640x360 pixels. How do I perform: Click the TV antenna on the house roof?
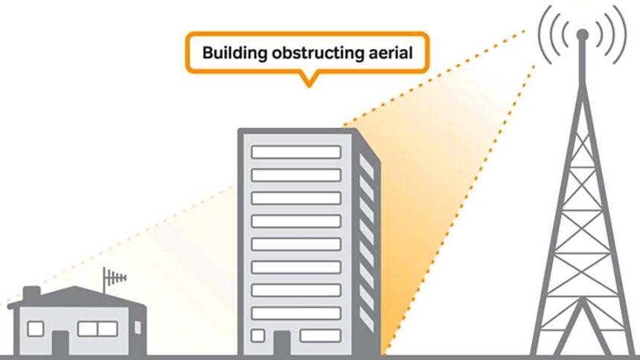tap(115, 280)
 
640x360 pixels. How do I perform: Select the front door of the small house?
tap(60, 341)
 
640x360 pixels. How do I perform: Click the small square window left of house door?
tap(35, 328)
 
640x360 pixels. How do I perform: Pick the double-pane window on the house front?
tap(97, 328)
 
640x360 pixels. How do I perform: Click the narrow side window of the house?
tap(137, 328)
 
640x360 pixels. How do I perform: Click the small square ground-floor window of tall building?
tap(257, 335)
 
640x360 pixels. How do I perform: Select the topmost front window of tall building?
tap(295, 152)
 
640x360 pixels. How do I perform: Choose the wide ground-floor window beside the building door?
tap(320, 335)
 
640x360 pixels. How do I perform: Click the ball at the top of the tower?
tap(582, 34)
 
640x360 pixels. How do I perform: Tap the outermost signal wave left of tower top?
tap(543, 33)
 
